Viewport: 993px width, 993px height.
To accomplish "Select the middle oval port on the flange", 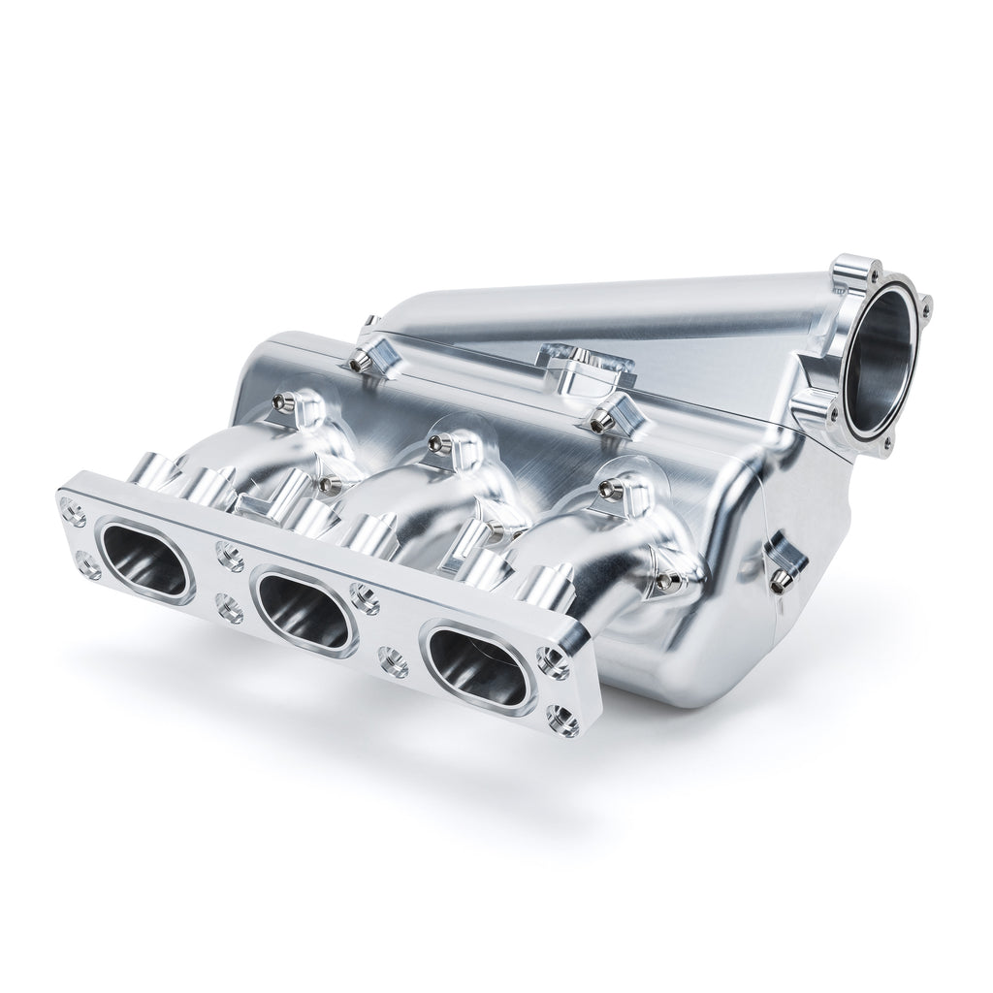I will pos(303,610).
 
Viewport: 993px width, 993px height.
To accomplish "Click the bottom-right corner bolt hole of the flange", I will pos(562,720).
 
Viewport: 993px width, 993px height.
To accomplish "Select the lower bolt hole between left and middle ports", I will pos(229,611).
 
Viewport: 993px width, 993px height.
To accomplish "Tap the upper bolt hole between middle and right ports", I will pos(365,598).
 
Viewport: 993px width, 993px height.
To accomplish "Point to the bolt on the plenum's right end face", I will pos(781,580).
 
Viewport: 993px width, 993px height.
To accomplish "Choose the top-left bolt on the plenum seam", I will pos(359,363).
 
